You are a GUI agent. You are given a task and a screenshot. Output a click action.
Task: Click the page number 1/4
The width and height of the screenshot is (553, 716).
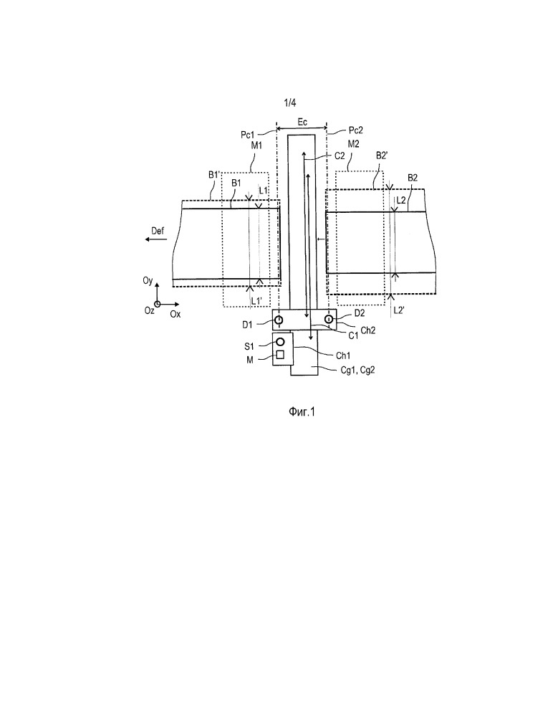(290, 102)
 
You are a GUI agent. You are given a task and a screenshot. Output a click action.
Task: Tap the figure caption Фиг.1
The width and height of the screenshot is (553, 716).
(302, 412)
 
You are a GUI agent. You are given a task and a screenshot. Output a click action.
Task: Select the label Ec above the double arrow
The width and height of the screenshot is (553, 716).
(302, 122)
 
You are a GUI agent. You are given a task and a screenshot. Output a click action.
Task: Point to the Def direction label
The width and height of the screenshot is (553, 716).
(158, 231)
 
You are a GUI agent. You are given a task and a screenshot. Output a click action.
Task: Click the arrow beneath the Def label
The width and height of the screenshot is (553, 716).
(156, 239)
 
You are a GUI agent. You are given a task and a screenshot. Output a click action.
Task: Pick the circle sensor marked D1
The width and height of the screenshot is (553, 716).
(279, 320)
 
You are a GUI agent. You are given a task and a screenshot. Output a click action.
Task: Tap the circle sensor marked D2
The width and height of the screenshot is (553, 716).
(329, 319)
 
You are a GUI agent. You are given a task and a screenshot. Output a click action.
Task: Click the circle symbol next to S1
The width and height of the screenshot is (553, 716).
(281, 342)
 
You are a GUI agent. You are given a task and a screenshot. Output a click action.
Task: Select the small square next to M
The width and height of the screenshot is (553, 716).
(281, 354)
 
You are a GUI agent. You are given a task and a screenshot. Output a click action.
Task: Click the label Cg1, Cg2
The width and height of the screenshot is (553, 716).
(357, 370)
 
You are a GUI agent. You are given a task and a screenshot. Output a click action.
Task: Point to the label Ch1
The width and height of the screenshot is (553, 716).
(343, 355)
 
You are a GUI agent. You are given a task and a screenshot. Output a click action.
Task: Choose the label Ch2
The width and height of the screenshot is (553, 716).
(367, 330)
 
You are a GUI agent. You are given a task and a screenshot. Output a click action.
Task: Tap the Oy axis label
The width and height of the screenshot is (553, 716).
(148, 280)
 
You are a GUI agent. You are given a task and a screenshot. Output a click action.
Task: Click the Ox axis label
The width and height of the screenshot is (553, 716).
(175, 314)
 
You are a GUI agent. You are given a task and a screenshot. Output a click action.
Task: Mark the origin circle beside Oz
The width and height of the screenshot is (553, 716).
(157, 304)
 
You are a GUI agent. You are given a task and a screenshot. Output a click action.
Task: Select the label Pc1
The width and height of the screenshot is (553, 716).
(247, 135)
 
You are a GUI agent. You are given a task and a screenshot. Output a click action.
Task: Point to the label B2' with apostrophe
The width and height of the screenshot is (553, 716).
(382, 156)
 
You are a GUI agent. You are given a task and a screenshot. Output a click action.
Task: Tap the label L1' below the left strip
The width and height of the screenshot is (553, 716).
(257, 301)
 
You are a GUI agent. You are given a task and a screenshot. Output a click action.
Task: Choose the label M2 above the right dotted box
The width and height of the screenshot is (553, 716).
(353, 144)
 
